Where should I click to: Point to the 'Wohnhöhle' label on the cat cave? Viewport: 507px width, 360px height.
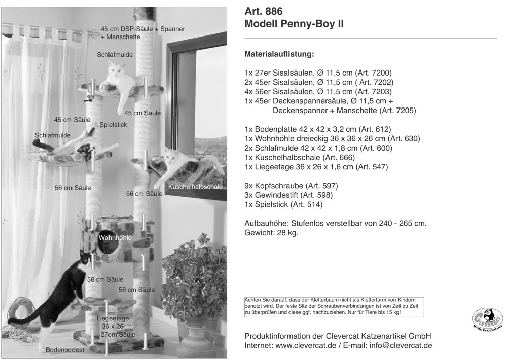(115, 237)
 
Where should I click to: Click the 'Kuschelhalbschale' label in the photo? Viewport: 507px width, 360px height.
(195, 187)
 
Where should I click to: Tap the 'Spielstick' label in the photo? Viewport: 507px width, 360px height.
(113, 124)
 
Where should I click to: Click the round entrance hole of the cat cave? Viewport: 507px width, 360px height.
(112, 248)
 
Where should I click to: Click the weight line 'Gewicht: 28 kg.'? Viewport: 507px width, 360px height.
(271, 233)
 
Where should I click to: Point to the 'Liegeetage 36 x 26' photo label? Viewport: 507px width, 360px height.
(113, 322)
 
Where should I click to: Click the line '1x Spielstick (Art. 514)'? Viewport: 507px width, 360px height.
(283, 204)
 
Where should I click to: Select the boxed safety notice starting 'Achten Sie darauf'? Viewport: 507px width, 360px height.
(334, 307)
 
